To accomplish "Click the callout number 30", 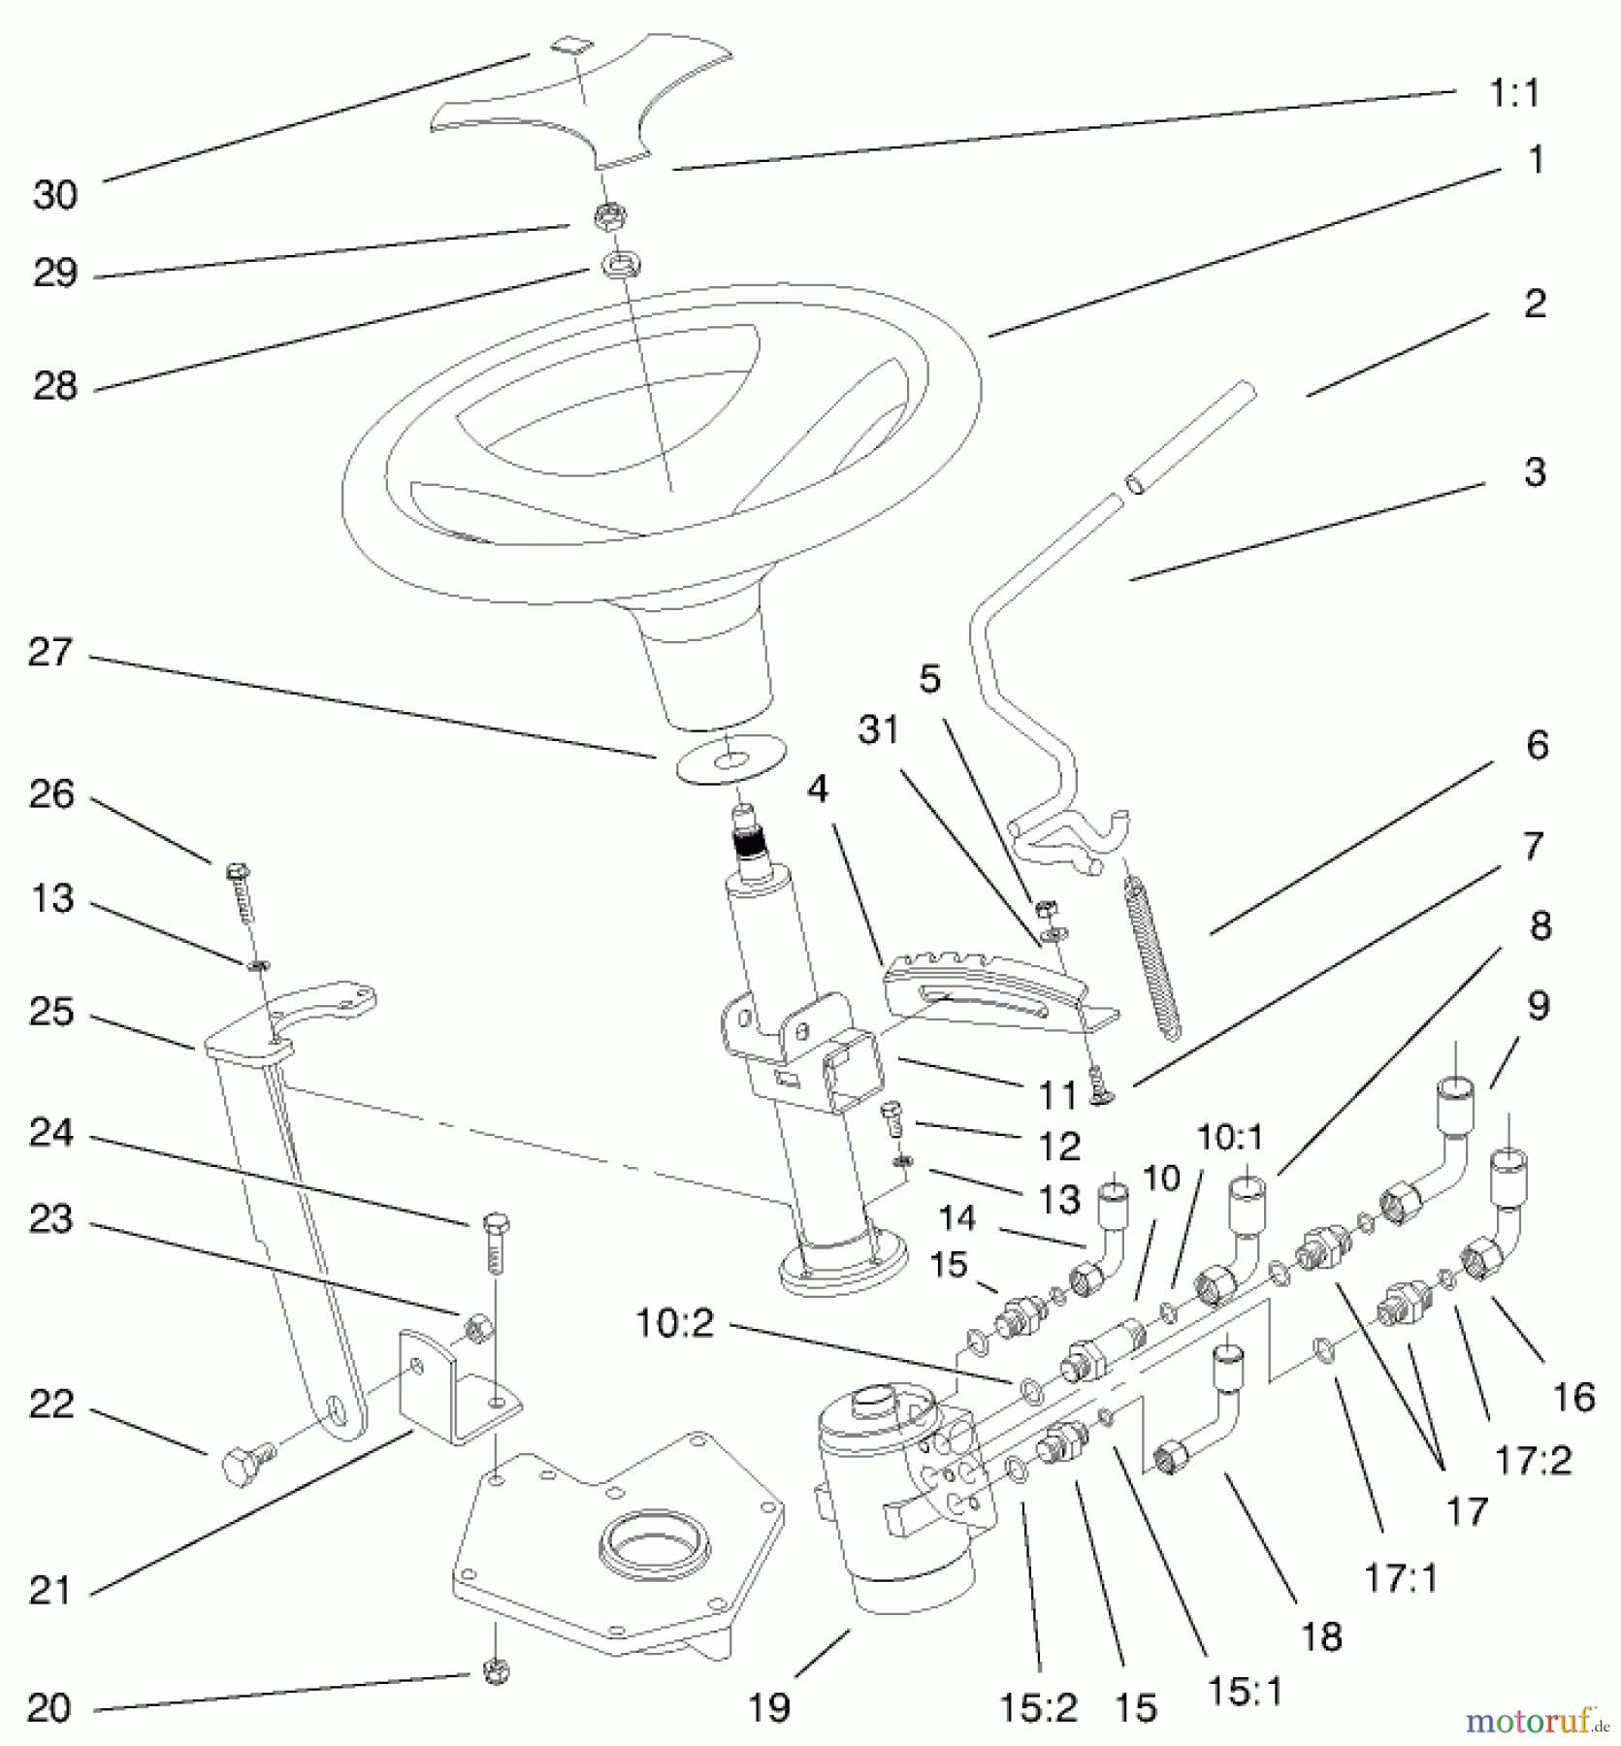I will pos(55,195).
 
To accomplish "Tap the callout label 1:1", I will pos(1514,93).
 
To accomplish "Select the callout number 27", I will pos(50,652).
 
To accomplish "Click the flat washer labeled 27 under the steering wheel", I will pos(729,758).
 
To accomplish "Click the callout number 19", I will pos(769,1707).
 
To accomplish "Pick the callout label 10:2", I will pos(675,1323).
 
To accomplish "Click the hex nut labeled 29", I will pos(610,216).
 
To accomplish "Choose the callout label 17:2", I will pos(1534,1459).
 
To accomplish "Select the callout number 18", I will pos(1321,1635).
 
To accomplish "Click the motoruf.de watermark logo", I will pos(1538,1722).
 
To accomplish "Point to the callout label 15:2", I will pos(1039,1707).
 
